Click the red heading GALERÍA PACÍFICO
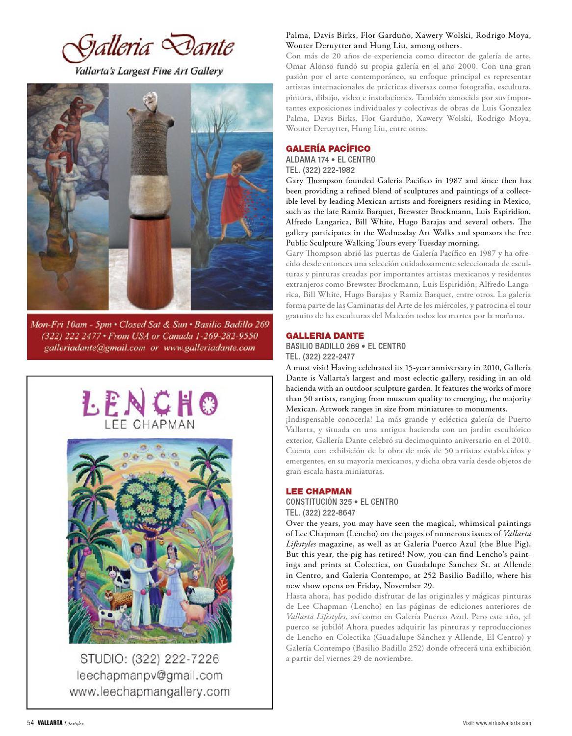click(x=328, y=148)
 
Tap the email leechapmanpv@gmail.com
click(x=150, y=676)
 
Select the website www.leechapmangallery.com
click(x=150, y=692)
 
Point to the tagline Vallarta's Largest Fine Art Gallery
click(x=149, y=71)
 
